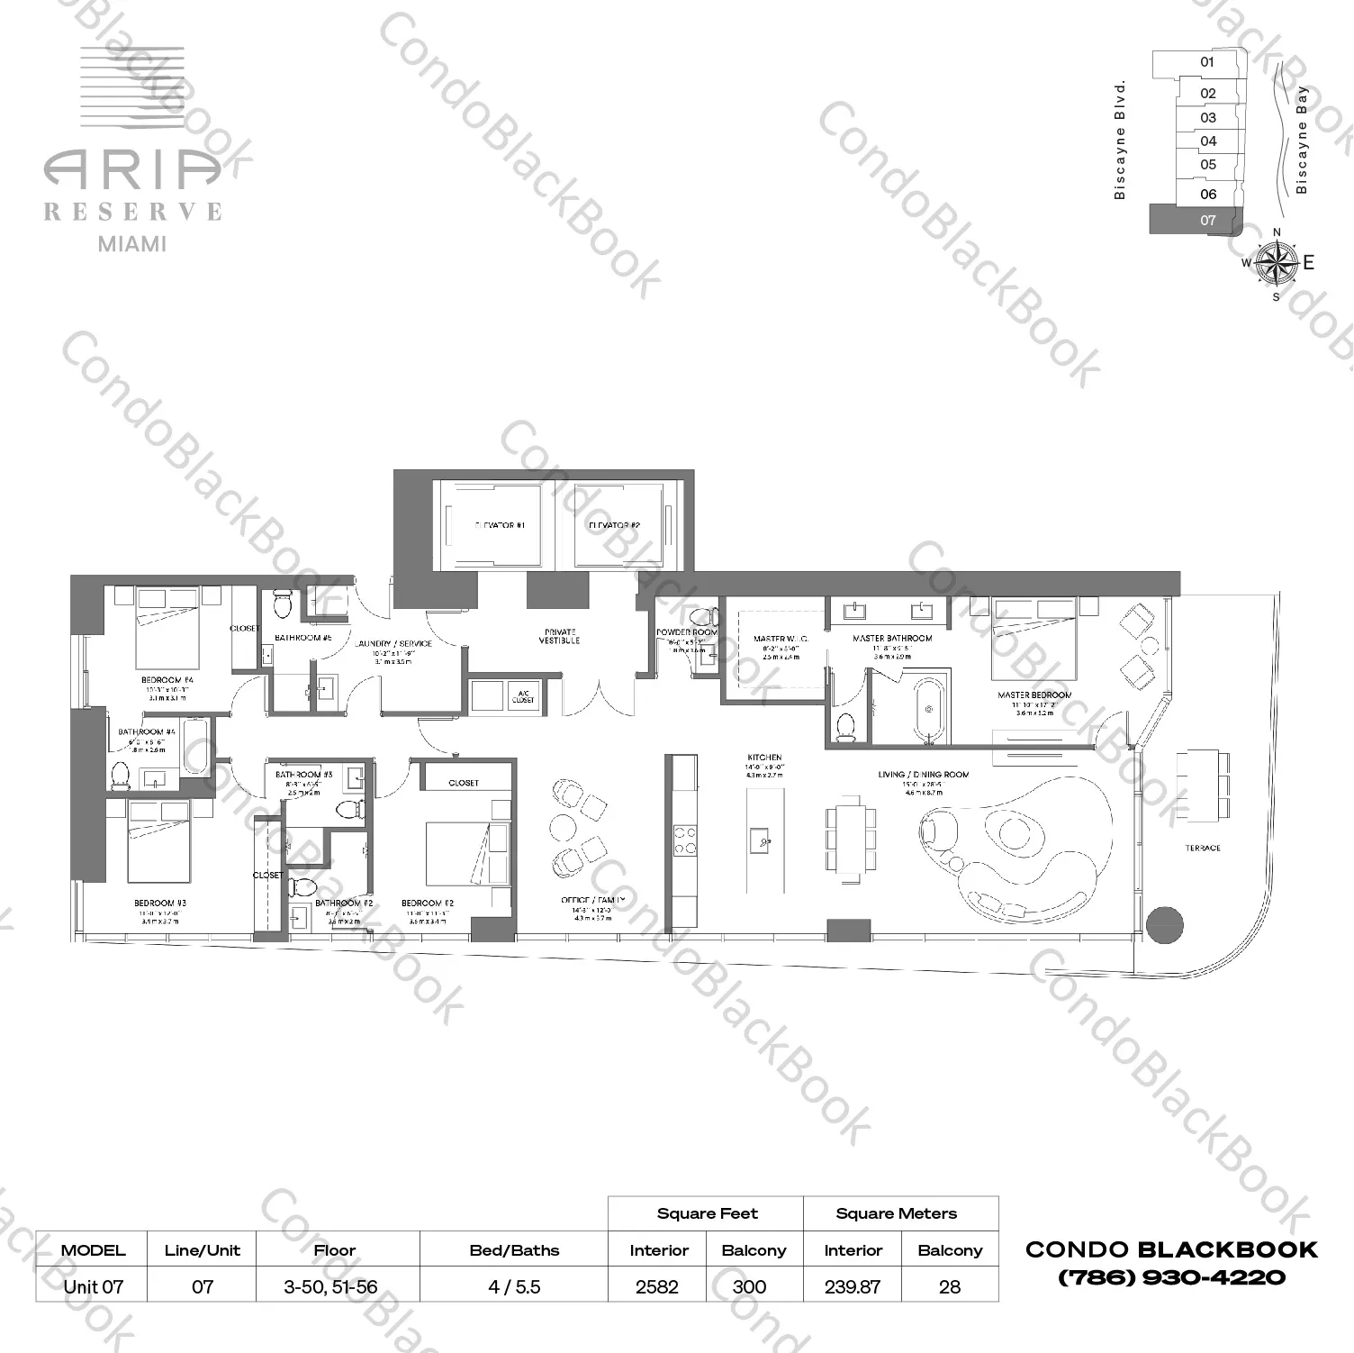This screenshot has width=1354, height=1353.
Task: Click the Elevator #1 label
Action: pos(500,525)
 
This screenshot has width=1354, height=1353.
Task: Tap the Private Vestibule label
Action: pos(560,636)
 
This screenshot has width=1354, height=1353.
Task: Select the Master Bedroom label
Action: pos(1034,695)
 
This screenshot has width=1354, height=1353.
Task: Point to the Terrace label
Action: pos(1203,849)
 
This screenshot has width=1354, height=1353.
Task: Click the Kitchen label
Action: pos(764,758)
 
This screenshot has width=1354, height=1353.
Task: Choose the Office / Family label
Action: pos(592,900)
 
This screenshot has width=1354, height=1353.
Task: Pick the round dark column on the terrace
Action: pos(1164,924)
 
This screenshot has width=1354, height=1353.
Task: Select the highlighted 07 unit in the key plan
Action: pos(1196,220)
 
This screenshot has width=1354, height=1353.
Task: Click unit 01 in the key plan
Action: pos(1207,62)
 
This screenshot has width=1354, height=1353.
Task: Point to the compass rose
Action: pos(1275,262)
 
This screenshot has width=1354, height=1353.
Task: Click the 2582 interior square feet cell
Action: pos(657,1286)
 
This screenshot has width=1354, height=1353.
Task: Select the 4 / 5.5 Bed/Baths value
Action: pos(514,1286)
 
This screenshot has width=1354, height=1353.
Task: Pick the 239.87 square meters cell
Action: pos(853,1286)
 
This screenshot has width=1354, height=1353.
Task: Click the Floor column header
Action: pos(335,1250)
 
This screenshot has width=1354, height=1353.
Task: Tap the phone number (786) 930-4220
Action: pos(1171,1277)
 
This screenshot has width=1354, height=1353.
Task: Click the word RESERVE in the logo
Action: pos(133,212)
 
